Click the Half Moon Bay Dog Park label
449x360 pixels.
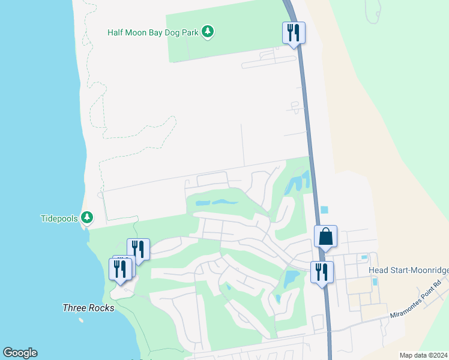coord(153,32)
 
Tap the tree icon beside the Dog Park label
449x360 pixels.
coord(208,31)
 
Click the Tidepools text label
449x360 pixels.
coord(59,218)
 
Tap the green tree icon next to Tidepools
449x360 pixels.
coord(87,217)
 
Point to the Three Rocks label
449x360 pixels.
coord(88,308)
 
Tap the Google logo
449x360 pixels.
coord(20,353)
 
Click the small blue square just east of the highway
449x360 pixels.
coord(325,210)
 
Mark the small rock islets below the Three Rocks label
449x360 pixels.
coord(80,320)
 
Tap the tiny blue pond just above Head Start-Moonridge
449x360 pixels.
coord(364,257)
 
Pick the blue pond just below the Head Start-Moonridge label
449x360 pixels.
coord(375,281)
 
